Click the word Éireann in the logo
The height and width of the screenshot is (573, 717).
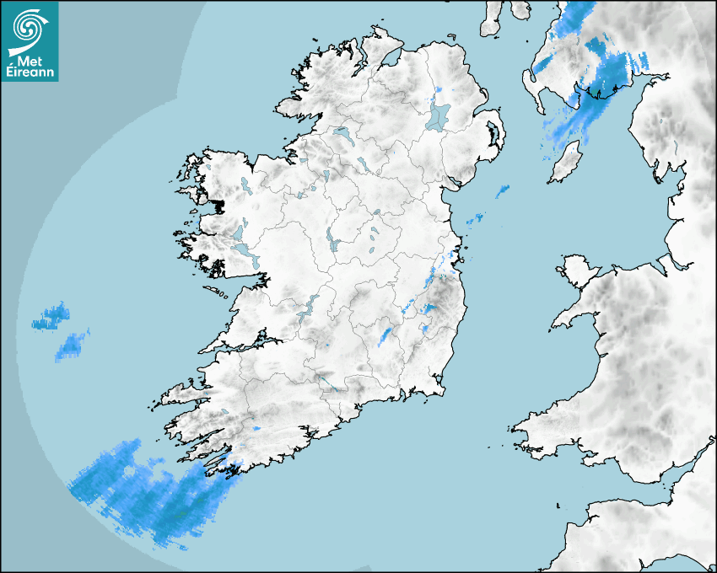click(x=30, y=72)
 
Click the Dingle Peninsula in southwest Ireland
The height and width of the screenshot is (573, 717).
click(x=181, y=396)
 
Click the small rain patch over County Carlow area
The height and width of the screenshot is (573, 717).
click(x=386, y=336)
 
